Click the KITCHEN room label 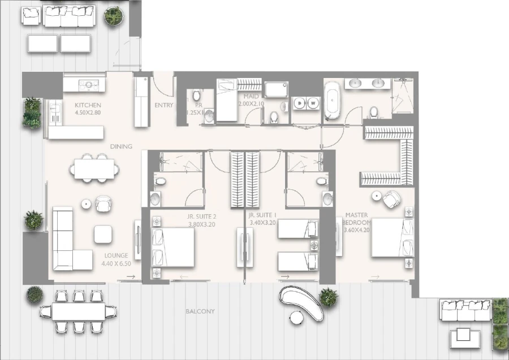click(x=88, y=105)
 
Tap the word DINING click(x=121, y=146)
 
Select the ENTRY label click(x=163, y=105)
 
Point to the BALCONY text click(x=200, y=311)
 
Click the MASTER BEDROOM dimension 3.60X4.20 click(x=356, y=230)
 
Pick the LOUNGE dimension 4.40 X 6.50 click(x=116, y=263)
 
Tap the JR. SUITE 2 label click(x=202, y=216)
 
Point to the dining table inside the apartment click(x=95, y=168)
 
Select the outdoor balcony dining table click(x=72, y=311)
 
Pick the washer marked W click(x=313, y=103)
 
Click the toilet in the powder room click(x=196, y=96)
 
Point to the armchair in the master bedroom click(x=390, y=199)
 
